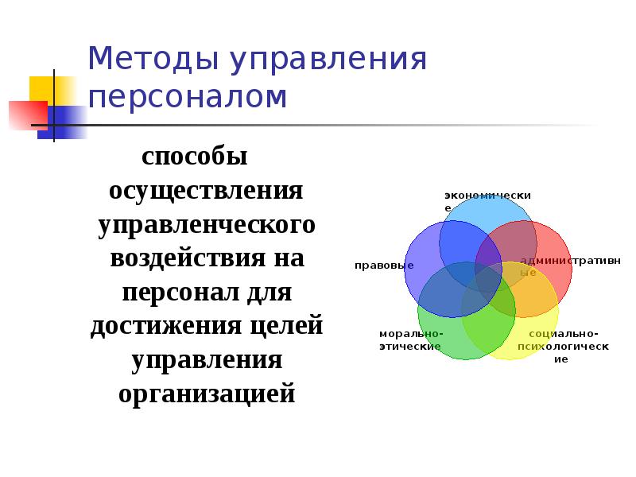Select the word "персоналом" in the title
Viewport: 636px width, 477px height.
coord(188,97)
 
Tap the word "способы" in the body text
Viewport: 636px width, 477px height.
coord(195,156)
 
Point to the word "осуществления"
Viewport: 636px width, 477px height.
coord(206,192)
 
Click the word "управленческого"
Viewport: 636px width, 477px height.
coord(207,226)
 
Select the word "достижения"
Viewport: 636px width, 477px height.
coord(165,327)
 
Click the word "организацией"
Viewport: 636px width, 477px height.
coord(207,394)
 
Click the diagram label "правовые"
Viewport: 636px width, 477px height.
coord(384,265)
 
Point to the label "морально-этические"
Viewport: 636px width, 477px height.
coord(410,340)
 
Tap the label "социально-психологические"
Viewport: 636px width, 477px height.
coord(563,346)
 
